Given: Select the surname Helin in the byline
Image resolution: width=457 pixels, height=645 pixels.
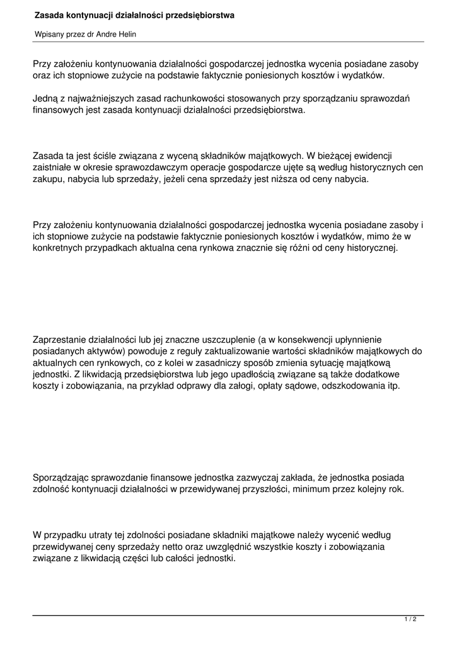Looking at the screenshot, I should pyautogui.click(x=126, y=35).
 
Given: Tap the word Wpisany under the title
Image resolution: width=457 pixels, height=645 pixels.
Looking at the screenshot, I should pyautogui.click(x=50, y=35).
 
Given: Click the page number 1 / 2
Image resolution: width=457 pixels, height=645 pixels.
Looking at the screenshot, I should pyautogui.click(x=410, y=620).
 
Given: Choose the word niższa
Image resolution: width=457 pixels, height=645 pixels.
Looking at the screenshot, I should pyautogui.click(x=276, y=180).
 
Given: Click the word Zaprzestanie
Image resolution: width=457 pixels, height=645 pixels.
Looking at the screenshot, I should pyautogui.click(x=61, y=340).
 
